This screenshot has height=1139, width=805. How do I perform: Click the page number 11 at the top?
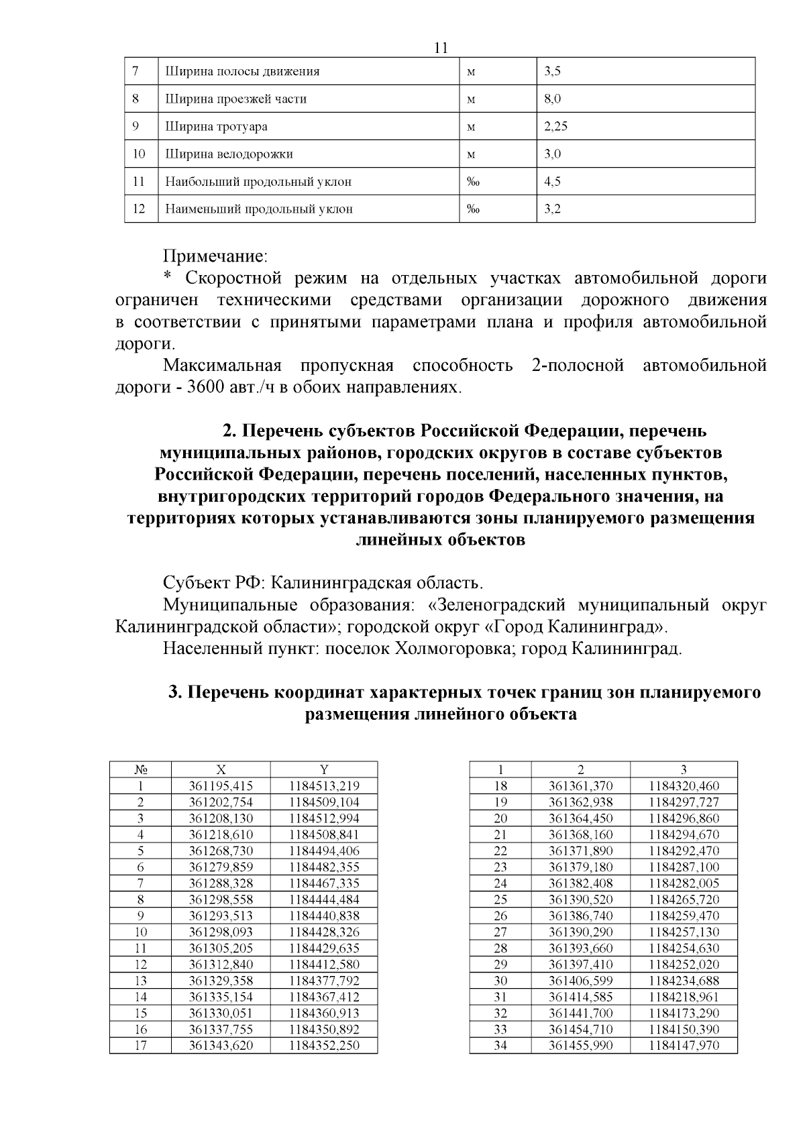[441, 48]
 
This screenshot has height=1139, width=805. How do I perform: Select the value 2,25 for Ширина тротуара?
[556, 126]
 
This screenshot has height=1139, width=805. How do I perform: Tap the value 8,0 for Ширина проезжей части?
[553, 99]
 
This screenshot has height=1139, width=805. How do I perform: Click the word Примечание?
[215, 256]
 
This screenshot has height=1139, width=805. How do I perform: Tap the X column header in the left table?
[221, 769]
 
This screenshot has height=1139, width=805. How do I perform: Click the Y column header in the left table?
[324, 769]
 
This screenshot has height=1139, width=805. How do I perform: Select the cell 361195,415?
[221, 785]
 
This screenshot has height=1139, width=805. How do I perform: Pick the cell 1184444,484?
[324, 899]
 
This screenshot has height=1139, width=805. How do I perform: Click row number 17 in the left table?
[140, 1045]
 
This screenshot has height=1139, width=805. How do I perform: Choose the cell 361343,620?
[221, 1045]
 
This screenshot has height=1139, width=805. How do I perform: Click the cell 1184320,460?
[684, 785]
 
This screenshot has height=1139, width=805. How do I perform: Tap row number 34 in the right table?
[500, 1045]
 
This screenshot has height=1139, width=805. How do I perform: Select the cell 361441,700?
[580, 1013]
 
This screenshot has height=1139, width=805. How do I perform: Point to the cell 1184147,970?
[684, 1045]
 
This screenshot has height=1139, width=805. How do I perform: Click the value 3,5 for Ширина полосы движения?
[553, 71]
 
